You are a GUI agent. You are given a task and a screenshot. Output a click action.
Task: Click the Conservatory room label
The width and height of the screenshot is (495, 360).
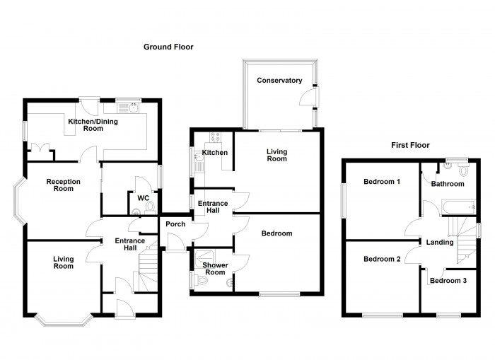279,80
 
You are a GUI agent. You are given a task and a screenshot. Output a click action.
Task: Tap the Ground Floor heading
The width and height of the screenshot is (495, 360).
168,47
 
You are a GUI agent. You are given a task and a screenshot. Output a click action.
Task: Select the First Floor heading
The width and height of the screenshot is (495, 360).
410,145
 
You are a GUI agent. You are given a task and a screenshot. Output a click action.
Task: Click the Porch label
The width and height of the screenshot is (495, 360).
175,224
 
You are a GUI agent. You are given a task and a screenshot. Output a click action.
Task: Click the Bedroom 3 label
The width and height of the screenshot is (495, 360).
448,281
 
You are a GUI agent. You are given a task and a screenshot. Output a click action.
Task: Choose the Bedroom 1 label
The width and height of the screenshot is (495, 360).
382,182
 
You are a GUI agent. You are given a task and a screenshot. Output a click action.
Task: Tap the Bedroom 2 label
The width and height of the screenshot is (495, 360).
382,259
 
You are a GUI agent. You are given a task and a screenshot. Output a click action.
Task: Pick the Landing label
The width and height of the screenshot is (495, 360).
439,243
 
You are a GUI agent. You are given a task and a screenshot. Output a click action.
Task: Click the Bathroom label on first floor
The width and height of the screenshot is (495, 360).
448,184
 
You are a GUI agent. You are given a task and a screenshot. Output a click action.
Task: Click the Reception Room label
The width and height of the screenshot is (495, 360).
64,185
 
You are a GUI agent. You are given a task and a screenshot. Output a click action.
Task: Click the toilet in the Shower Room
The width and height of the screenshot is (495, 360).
203,281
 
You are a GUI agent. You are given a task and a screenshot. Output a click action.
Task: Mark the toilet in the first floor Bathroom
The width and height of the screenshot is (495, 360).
464,170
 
